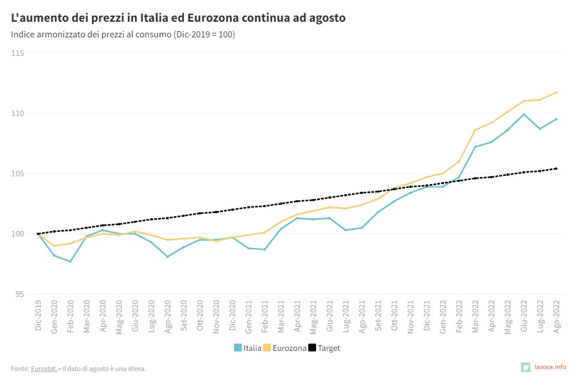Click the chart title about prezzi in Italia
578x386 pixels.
coord(178,18)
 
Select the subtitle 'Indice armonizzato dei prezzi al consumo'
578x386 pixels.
coord(123,35)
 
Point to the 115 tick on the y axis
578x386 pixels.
coord(18,53)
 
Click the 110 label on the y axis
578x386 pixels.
coord(18,113)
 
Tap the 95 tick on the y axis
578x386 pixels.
coord(20,294)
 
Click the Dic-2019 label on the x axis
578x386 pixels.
coord(38,316)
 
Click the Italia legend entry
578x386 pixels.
coord(247,348)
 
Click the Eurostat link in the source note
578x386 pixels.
coord(44,368)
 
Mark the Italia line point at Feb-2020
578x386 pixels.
coord(70,262)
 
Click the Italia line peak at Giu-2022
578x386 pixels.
coord(524,114)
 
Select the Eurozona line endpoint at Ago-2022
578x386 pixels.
coord(556,93)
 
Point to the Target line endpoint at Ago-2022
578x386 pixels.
coord(556,168)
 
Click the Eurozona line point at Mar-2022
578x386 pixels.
coord(475,130)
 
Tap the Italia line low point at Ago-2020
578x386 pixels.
coord(168,257)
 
